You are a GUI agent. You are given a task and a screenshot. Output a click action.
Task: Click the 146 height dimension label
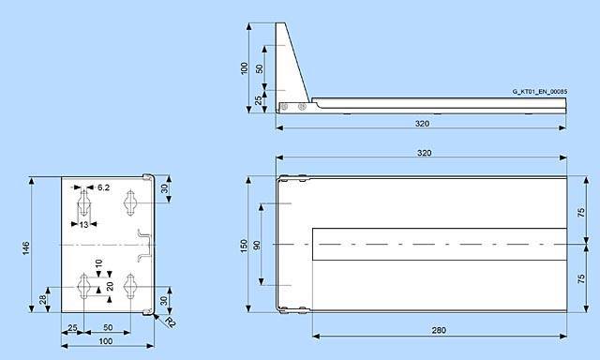pos(25,248)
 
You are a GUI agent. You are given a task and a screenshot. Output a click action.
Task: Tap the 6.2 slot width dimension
pos(103,187)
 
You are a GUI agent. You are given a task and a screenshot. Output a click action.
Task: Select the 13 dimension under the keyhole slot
pos(83,225)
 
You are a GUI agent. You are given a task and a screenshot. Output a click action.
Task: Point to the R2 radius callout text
pos(171,322)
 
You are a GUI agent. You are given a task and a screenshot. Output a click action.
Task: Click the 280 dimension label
pos(439,330)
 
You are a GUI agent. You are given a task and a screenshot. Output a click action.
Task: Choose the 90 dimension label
pos(257,246)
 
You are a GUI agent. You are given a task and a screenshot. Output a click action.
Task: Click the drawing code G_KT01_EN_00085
pos(540,92)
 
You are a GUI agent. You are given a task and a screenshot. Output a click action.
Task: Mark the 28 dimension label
pos(43,299)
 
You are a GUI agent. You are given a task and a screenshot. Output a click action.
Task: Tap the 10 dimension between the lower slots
pos(98,263)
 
